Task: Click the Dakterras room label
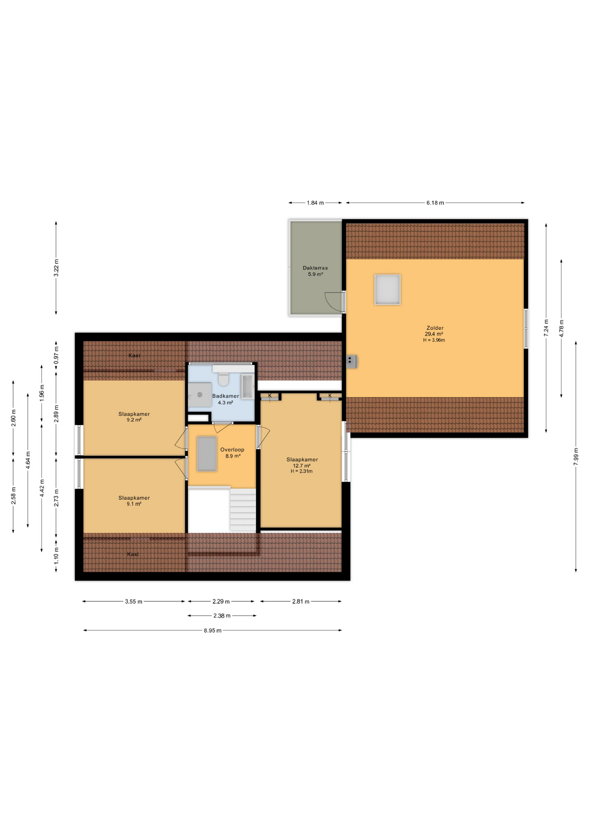tap(315, 268)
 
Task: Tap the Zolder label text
tap(435, 328)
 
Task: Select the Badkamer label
tap(226, 396)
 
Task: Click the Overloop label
tap(232, 449)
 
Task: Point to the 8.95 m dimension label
tap(213, 630)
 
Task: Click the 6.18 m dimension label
tap(435, 203)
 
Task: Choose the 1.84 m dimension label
tap(315, 203)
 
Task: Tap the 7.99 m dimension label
tap(576, 456)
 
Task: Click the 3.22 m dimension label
tap(56, 268)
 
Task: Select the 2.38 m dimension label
tap(222, 616)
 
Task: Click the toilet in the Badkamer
tap(223, 379)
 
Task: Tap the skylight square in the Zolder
tap(387, 289)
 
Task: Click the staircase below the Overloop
tap(243, 510)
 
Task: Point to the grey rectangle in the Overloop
tap(207, 454)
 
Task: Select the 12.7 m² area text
tap(302, 466)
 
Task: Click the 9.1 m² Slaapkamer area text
tap(134, 504)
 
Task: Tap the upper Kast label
tap(134, 355)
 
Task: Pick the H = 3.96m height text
tap(434, 340)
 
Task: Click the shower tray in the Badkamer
tap(200, 394)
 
